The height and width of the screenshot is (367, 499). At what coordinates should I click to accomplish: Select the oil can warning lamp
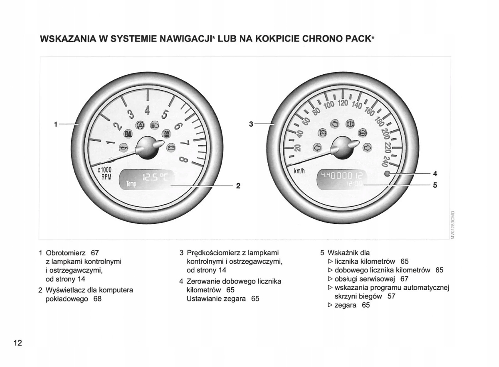124,147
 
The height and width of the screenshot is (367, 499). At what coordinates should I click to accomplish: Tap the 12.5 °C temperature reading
154,178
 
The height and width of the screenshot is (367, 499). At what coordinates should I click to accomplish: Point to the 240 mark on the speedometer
387,160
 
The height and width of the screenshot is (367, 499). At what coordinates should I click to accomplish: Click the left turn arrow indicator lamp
317,147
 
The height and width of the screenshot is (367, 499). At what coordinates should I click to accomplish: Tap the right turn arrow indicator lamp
367,147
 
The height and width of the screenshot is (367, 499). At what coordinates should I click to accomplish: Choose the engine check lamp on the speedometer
335,124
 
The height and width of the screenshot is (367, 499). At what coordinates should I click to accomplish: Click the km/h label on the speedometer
299,171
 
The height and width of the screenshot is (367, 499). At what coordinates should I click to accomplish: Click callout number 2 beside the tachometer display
238,186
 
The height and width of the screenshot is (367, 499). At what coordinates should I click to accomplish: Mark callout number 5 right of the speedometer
435,186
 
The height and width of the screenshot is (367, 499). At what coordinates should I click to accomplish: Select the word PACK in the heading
359,39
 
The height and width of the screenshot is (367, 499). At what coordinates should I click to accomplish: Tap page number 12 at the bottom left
17,343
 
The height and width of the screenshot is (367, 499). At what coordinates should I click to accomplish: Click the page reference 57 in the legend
391,296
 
